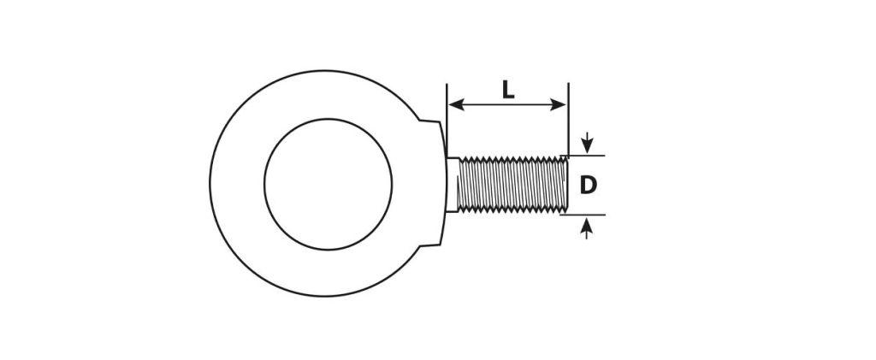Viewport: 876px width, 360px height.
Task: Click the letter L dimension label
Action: coord(507,89)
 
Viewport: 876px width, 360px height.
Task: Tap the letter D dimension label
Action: coord(589,185)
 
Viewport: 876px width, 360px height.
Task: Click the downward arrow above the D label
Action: coord(587,142)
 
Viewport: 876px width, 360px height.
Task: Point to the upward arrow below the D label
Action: coord(586,228)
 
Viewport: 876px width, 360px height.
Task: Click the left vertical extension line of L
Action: coord(447,120)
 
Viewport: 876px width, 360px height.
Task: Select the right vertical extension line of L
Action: coord(568,120)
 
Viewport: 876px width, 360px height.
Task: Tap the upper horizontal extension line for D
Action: coord(582,155)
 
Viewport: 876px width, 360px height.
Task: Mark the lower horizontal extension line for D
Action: coord(582,215)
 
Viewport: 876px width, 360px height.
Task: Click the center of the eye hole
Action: coord(328,184)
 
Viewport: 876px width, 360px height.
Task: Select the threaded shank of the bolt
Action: coord(512,185)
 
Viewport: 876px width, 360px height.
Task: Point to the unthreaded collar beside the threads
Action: coord(453,185)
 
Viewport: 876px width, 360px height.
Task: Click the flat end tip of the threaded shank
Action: coord(567,185)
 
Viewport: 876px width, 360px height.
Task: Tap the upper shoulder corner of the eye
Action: coord(420,120)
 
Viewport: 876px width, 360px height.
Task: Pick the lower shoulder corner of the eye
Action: coord(420,245)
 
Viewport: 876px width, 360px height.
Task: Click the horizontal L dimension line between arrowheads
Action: coord(507,104)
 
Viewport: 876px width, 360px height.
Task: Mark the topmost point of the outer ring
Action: coord(324,71)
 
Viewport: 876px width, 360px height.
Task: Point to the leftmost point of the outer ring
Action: coord(210,183)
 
